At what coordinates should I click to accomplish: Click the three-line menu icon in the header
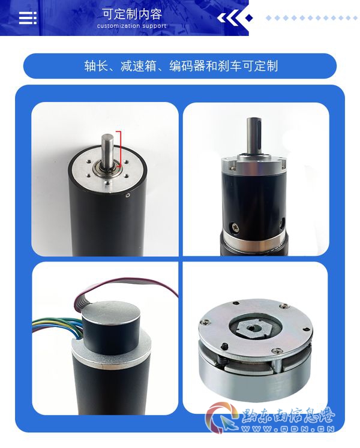click(28, 18)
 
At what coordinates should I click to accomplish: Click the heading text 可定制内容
click(132, 14)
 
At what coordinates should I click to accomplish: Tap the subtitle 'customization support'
click(131, 26)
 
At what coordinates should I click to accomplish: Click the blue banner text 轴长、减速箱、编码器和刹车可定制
click(181, 66)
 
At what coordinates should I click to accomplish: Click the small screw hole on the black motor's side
click(128, 196)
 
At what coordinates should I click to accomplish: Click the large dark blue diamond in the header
click(250, 18)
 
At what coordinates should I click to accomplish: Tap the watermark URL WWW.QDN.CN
click(288, 429)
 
